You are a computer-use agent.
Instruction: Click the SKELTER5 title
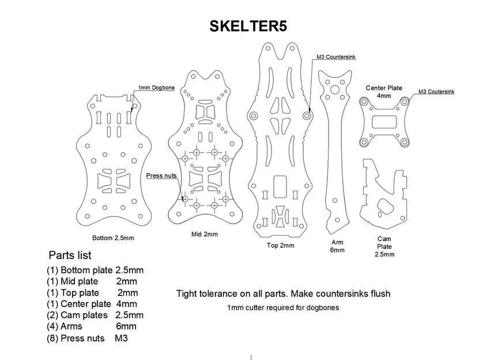click(x=248, y=26)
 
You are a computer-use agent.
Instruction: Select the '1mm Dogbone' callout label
click(x=156, y=88)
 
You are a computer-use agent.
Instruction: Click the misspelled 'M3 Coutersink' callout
click(x=436, y=92)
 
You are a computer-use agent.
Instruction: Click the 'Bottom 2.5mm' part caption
click(x=113, y=238)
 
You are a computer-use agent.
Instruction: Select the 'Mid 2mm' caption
click(x=205, y=234)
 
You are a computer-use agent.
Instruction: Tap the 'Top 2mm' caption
click(x=280, y=245)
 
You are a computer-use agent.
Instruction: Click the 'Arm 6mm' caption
click(x=337, y=246)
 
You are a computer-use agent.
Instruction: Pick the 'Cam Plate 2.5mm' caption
click(x=384, y=247)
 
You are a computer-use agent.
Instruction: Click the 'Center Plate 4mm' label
click(x=384, y=92)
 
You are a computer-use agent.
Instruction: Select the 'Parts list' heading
click(x=70, y=255)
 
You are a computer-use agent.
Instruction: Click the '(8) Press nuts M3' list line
click(x=87, y=338)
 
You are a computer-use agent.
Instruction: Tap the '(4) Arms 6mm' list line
click(x=92, y=327)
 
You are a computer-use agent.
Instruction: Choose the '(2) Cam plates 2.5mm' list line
click(x=95, y=315)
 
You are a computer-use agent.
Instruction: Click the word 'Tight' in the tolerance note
click(x=187, y=294)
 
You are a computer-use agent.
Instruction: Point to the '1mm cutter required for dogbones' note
click(x=283, y=308)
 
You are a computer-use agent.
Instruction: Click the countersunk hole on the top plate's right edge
click(x=307, y=116)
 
